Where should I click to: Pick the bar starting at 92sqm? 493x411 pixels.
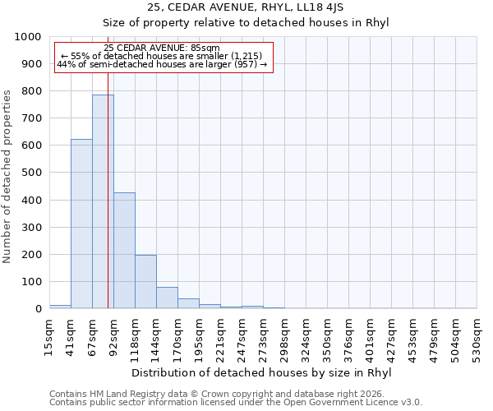(x=124, y=251)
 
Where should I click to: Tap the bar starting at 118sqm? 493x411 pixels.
(x=145, y=282)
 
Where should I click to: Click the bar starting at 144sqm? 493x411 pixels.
(x=167, y=298)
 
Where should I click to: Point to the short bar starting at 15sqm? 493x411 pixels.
(x=60, y=307)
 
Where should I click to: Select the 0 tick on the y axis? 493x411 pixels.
(x=38, y=309)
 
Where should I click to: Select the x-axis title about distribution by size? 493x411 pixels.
(x=262, y=372)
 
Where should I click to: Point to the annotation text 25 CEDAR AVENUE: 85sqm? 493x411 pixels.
(x=163, y=48)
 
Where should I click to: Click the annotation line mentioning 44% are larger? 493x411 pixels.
(x=163, y=64)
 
